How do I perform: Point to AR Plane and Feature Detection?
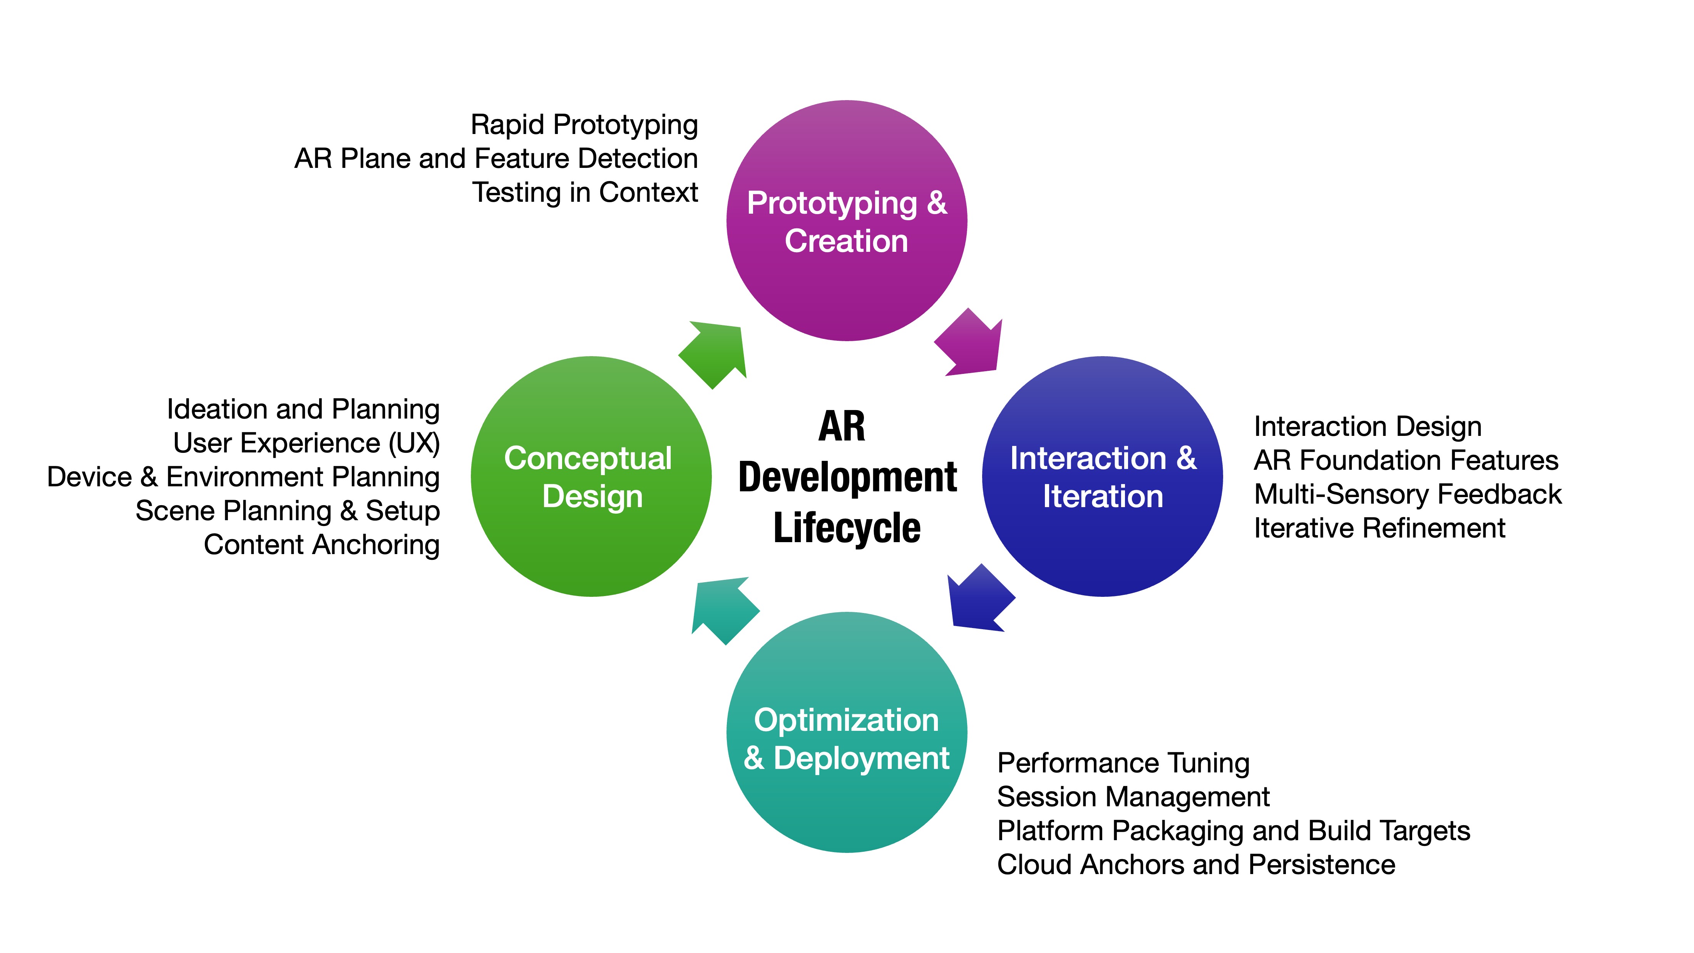pyautogui.click(x=496, y=159)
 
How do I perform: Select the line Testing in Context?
pyautogui.click(x=584, y=193)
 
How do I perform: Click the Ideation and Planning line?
pyautogui.click(x=303, y=409)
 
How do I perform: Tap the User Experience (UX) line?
pyautogui.click(x=306, y=443)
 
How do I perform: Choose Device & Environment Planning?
pyautogui.click(x=243, y=477)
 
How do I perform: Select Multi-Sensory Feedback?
pyautogui.click(x=1407, y=494)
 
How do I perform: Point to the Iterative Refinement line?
pyautogui.click(x=1379, y=528)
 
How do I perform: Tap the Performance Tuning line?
pyautogui.click(x=1123, y=763)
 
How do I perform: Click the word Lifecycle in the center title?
pyautogui.click(x=847, y=528)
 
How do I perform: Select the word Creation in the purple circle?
pyautogui.click(x=846, y=241)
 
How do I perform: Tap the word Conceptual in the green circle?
pyautogui.click(x=588, y=459)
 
